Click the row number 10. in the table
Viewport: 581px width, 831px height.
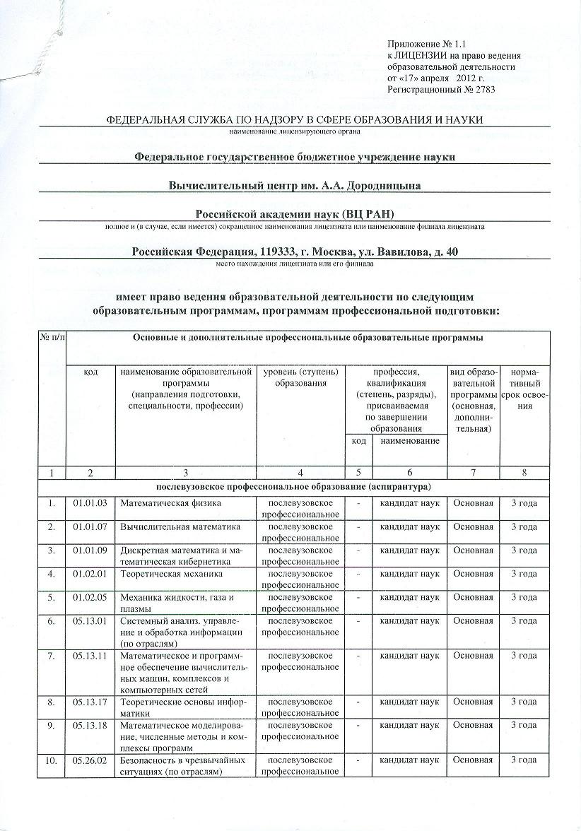click(x=52, y=760)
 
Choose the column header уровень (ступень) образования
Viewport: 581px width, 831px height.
click(x=300, y=377)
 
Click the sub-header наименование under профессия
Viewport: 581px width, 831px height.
click(x=409, y=440)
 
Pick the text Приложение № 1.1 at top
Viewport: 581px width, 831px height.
click(x=428, y=44)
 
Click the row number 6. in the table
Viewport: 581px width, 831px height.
click(x=52, y=621)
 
